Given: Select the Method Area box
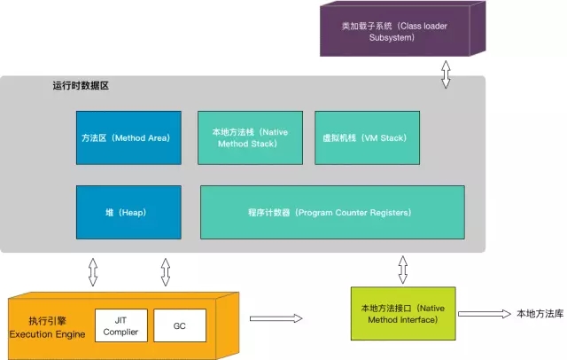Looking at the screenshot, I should click(128, 138).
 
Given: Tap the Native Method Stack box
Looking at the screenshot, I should click(250, 138).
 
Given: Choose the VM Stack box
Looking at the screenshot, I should click(366, 138).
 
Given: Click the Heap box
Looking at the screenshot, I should click(128, 213).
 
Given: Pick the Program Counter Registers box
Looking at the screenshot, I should click(331, 213).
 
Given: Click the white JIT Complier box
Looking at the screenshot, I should click(120, 326).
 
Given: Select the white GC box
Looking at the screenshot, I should click(180, 326).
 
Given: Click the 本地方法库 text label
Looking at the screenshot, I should click(539, 314).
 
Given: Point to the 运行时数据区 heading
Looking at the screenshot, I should click(81, 86).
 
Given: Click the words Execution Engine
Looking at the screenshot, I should click(47, 334).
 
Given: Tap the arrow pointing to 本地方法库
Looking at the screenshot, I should click(482, 314).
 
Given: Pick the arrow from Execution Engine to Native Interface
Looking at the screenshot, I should click(276, 317).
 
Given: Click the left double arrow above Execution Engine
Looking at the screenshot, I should click(93, 271).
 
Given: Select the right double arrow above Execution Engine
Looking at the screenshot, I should click(166, 271).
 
